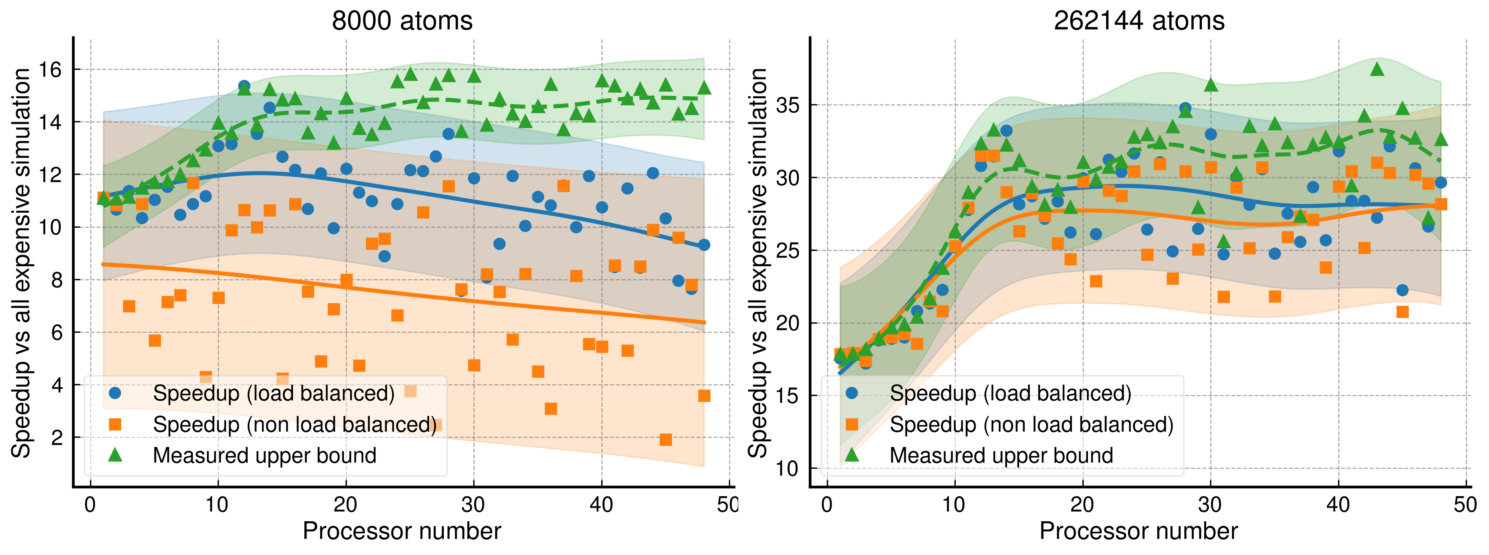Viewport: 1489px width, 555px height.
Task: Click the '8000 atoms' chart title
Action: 402,21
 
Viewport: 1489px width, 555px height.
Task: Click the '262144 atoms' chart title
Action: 1139,21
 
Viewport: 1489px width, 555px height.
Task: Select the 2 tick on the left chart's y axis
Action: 56,438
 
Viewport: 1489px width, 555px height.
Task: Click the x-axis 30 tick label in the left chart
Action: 473,505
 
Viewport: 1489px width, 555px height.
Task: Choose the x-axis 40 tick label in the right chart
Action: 1338,505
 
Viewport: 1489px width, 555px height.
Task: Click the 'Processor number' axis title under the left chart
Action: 402,531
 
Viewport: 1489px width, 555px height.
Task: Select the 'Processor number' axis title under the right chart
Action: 1139,531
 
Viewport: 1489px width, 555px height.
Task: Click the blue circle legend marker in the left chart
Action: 115,393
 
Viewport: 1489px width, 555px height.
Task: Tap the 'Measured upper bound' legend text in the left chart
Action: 264,456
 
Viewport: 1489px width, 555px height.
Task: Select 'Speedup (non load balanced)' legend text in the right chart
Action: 1031,424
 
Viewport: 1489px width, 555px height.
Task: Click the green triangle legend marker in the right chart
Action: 851,455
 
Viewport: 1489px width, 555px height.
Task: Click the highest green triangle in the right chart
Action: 1377,69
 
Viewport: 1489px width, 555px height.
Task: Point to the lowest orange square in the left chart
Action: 665,439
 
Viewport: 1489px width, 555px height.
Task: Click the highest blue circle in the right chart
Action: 1185,108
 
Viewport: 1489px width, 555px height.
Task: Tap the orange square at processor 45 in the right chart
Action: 1402,312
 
